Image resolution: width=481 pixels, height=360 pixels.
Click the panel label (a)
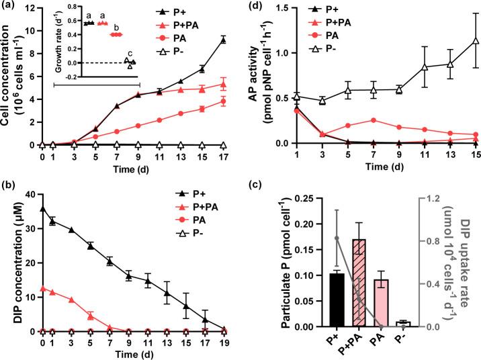[x=8, y=6]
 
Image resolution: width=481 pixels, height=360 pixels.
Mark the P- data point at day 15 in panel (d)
[x=475, y=40]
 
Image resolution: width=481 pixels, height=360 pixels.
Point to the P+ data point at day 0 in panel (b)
[x=43, y=209]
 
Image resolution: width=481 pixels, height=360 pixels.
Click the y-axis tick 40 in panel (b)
[x=30, y=195]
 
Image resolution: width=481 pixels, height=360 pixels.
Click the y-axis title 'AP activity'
[x=255, y=74]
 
